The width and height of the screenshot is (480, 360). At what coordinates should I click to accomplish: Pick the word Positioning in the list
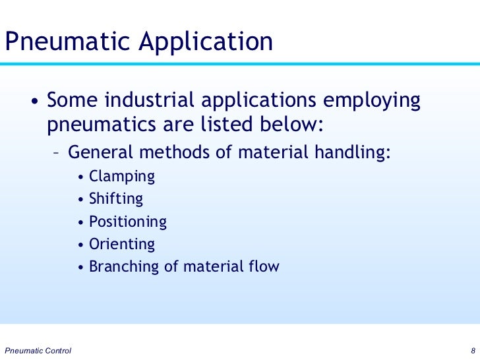pyautogui.click(x=127, y=222)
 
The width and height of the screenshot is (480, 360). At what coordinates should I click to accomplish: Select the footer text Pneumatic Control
pyautogui.click(x=38, y=349)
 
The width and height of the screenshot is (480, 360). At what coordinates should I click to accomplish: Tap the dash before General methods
pyautogui.click(x=57, y=154)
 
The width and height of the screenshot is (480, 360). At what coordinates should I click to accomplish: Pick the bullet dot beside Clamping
pyautogui.click(x=80, y=177)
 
